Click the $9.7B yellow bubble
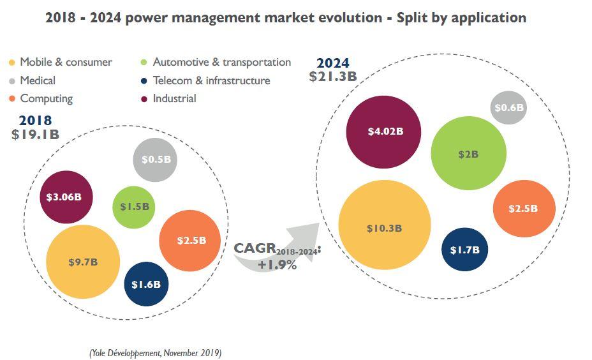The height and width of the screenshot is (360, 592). pos(84,262)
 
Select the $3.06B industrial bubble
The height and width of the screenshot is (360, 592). pos(66,197)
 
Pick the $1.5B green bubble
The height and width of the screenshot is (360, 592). pos(135,207)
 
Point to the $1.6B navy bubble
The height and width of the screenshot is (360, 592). pos(146,284)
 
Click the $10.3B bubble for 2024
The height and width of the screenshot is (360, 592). pos(385,228)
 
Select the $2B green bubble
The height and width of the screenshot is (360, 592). pos(468,154)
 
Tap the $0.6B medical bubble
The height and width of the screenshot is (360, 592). pos(509,108)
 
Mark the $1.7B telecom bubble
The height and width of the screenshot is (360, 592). pos(464,250)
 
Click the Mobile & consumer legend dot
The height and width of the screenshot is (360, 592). pos(11,63)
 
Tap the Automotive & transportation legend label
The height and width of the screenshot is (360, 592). pos(221,63)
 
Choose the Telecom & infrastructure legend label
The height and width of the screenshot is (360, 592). pos(211,80)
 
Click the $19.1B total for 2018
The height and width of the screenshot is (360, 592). pos(35,135)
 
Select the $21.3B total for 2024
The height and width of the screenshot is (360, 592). pos(332,77)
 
